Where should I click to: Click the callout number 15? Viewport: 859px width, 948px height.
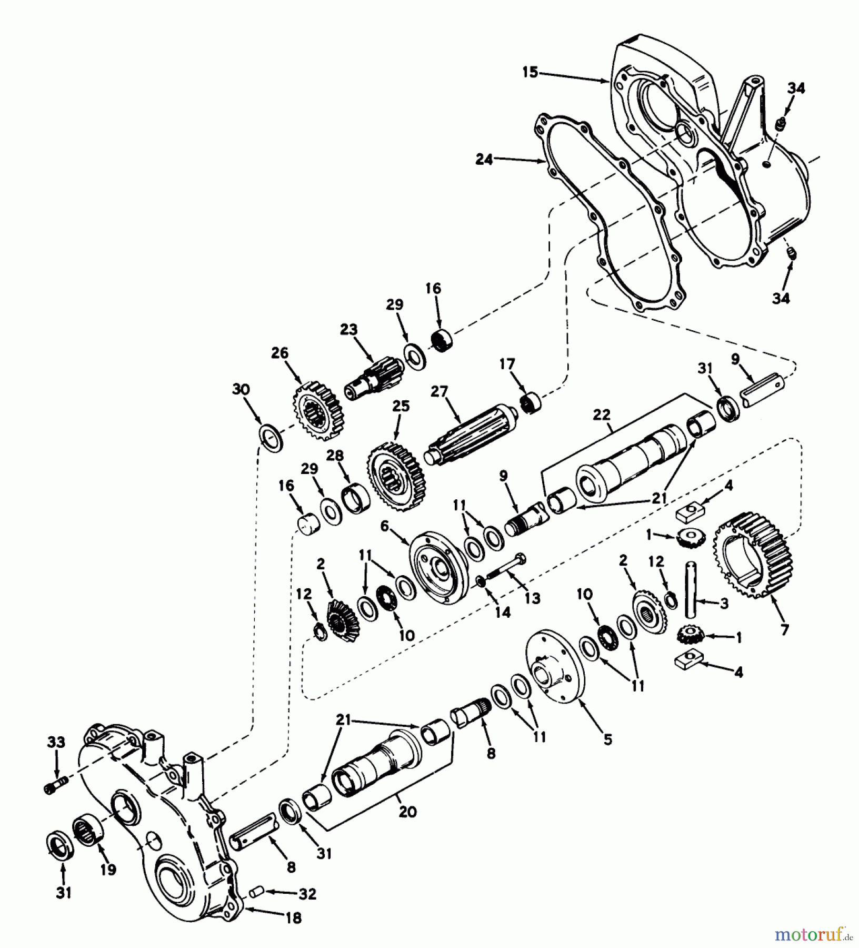tap(530, 72)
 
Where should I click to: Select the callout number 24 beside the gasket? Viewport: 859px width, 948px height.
tap(484, 159)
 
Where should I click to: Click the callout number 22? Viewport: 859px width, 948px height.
tap(602, 416)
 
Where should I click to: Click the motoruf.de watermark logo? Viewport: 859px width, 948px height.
tap(813, 934)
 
